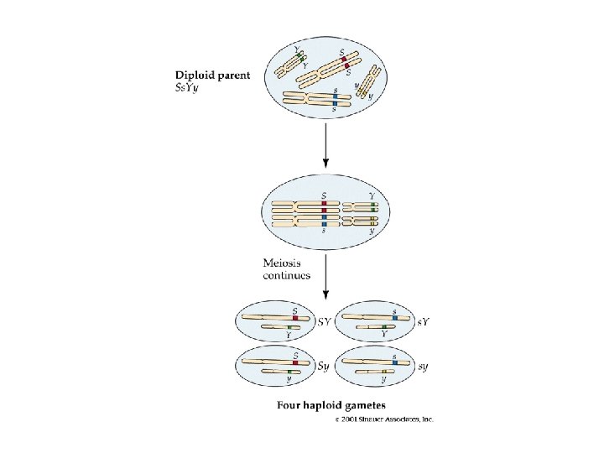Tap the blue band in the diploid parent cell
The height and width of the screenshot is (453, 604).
coord(336,99)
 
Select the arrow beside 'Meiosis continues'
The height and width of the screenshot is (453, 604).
coord(325,276)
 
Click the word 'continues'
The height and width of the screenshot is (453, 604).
coord(287,274)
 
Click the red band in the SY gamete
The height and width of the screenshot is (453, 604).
coord(295,318)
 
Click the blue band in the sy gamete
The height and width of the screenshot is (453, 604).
coord(394,362)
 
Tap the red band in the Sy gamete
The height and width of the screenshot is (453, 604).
coord(295,362)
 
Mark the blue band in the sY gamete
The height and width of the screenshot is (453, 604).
coord(394,318)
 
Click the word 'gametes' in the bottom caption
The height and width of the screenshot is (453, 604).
coord(373,406)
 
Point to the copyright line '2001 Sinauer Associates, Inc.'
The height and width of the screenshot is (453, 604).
coord(387,419)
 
